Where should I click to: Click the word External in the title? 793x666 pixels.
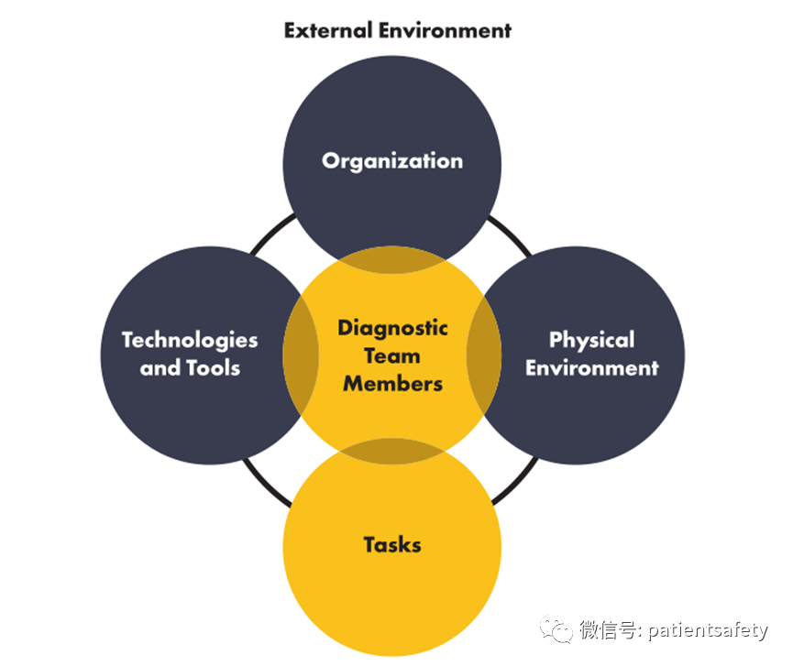(326, 29)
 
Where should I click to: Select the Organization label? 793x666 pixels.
(392, 161)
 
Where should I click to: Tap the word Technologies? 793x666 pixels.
(190, 340)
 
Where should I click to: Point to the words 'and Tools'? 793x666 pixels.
(190, 368)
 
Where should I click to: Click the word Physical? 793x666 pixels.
(591, 340)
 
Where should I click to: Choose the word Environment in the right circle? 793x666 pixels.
(591, 368)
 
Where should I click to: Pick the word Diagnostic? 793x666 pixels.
(392, 328)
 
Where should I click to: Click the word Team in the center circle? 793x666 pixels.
(392, 355)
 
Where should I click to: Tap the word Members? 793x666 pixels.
(392, 383)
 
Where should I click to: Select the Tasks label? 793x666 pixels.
(392, 545)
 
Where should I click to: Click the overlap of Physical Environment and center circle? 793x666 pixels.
(485, 355)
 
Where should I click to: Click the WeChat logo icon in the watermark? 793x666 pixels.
(555, 630)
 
